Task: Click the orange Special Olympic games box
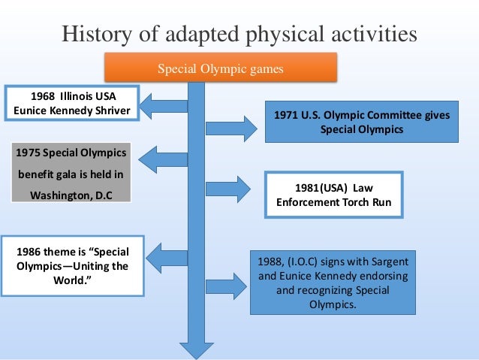[x=220, y=69]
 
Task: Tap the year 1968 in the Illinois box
[x=44, y=97]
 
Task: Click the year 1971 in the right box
[x=287, y=115]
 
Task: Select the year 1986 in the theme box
[x=26, y=252]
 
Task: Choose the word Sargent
[x=390, y=263]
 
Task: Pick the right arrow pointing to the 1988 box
[x=227, y=286]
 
